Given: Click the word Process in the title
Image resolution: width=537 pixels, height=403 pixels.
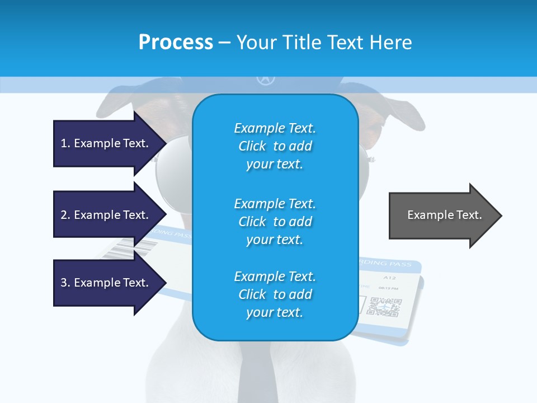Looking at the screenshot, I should (x=176, y=43).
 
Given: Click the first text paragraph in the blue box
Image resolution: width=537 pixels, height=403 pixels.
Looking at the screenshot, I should (x=275, y=146).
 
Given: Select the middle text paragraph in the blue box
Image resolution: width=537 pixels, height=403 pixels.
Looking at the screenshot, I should (x=275, y=222).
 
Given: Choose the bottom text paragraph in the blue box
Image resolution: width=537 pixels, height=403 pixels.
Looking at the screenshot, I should (x=275, y=294).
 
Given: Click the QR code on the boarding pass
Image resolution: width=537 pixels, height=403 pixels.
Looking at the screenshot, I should (x=385, y=307).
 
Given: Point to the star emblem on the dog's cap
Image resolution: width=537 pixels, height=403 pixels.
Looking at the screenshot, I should (x=266, y=79).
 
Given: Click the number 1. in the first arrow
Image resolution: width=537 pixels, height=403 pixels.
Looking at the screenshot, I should (x=65, y=143).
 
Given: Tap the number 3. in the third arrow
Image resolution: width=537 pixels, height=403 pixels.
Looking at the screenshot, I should (x=65, y=283).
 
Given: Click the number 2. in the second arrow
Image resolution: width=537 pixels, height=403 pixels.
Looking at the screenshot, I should (x=65, y=215).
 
